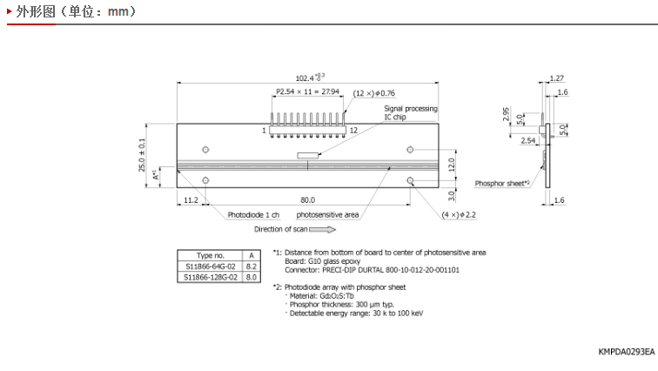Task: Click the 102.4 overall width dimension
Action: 310,78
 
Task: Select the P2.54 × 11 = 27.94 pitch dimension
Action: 307,91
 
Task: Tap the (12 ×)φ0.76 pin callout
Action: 374,93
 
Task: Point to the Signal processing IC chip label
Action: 411,112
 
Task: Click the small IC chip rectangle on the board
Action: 307,156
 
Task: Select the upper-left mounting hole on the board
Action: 205,150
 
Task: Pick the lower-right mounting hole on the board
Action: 410,180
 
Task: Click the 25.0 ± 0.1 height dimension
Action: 142,155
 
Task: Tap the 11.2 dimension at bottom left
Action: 191,199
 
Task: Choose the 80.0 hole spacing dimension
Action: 307,199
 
